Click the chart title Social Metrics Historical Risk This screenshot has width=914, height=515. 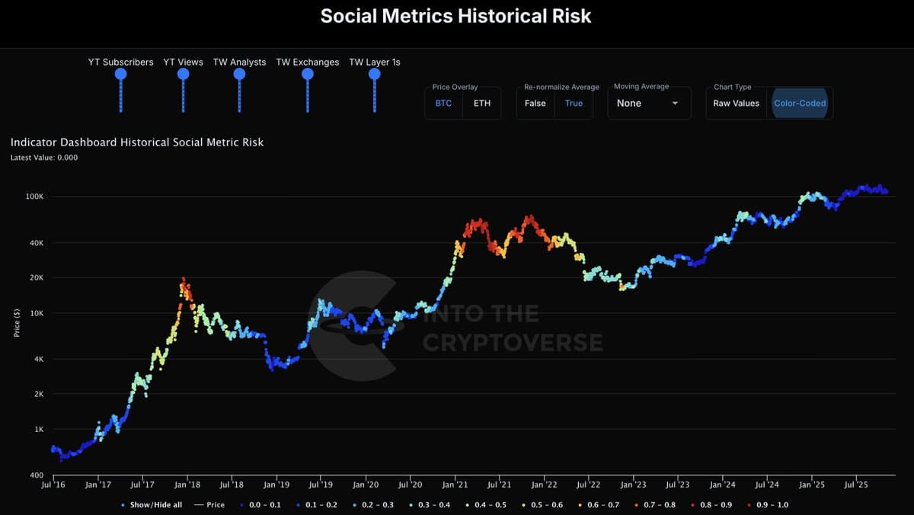tap(455, 16)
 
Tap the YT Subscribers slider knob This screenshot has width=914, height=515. tap(120, 74)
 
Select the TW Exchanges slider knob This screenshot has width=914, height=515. tap(308, 74)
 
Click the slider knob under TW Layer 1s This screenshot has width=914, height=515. tap(374, 74)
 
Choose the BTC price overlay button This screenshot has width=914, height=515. tap(443, 103)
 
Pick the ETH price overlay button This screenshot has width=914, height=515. tap(482, 103)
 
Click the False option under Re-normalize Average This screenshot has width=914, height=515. tap(535, 103)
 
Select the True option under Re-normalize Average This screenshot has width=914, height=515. tap(574, 103)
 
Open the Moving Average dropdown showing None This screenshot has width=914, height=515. tap(648, 103)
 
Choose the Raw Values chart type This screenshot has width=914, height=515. tap(736, 103)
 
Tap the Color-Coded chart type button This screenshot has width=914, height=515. tap(800, 103)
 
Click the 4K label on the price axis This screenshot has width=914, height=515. tap(38, 359)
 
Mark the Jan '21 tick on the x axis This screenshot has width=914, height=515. tap(455, 485)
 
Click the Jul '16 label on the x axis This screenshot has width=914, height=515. tap(53, 485)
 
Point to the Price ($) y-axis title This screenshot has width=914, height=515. tap(16, 322)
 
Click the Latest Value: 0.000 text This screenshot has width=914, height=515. tap(44, 158)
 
